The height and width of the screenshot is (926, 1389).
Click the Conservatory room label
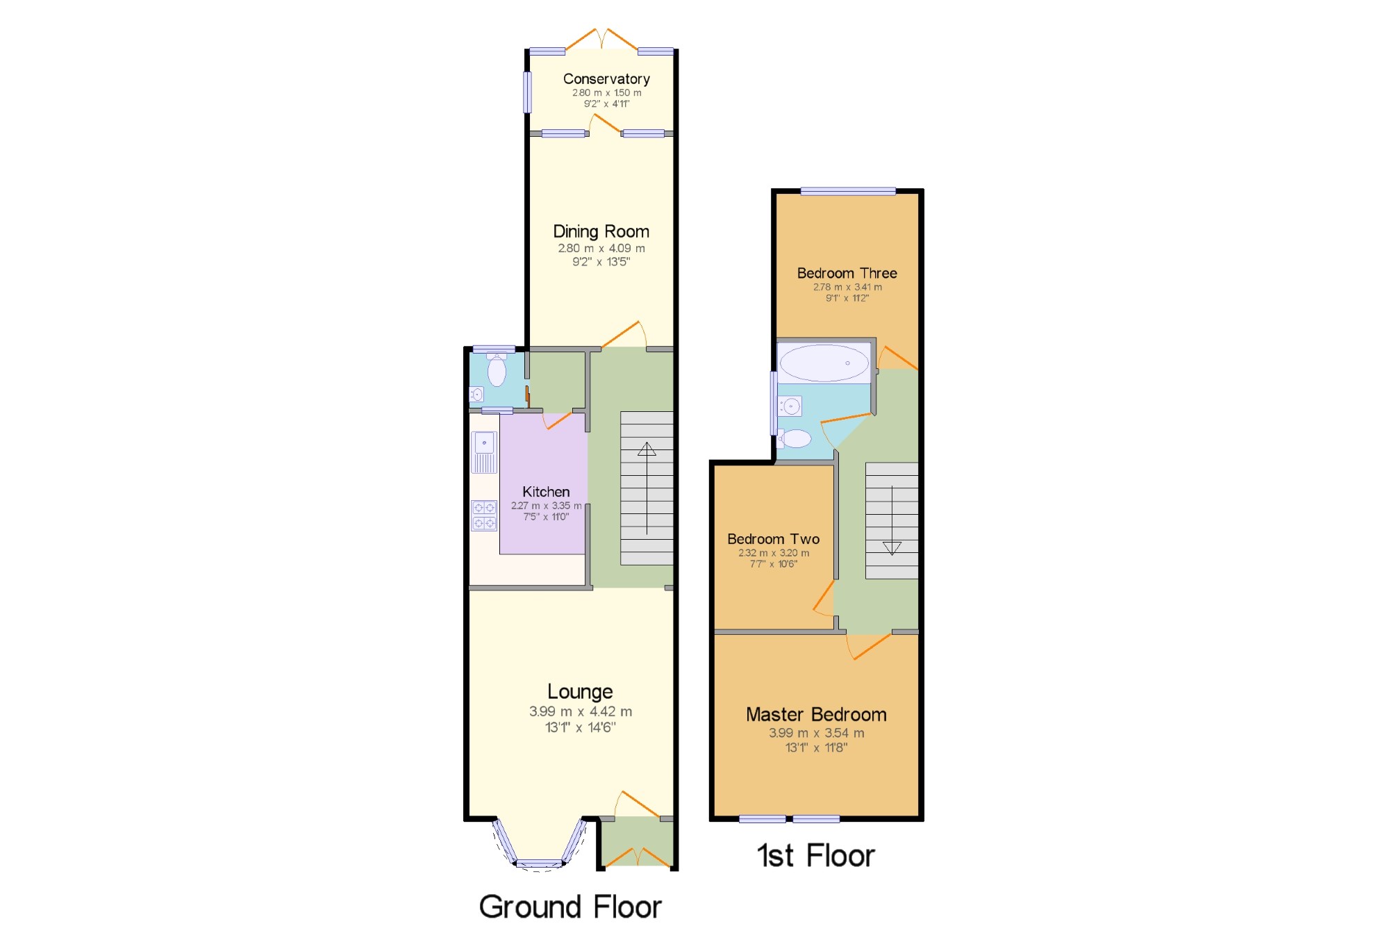click(x=606, y=79)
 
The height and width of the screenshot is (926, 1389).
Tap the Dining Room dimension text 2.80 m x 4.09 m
click(x=601, y=248)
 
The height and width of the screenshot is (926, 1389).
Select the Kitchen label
click(x=546, y=492)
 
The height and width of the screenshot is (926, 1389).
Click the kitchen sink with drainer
click(x=484, y=452)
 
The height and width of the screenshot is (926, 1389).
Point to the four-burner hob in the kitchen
click(x=484, y=515)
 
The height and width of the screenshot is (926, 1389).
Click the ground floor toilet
click(x=497, y=370)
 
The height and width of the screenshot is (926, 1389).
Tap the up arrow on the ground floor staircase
click(x=647, y=449)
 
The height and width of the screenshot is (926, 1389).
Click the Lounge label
click(x=580, y=691)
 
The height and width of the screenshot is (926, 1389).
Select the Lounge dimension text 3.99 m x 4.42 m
click(x=580, y=711)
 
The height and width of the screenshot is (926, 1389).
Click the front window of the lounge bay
click(x=539, y=864)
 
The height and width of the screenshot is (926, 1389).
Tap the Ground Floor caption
click(x=570, y=907)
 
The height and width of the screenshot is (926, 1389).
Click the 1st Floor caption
click(x=815, y=855)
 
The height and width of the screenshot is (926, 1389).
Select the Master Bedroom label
click(x=816, y=714)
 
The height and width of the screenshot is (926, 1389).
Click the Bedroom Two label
click(x=773, y=539)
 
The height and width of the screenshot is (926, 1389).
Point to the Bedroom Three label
click(x=847, y=273)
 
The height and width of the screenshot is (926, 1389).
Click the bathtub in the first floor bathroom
click(x=824, y=363)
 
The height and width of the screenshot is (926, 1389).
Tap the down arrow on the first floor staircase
click(x=892, y=547)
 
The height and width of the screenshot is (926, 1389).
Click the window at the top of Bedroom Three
click(x=847, y=192)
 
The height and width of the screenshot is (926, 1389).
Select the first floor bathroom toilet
click(x=795, y=438)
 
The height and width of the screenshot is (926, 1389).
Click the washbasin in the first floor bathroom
click(x=790, y=406)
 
